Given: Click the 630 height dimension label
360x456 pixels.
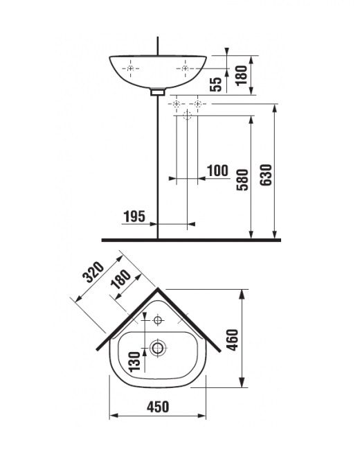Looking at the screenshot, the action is click(x=266, y=175).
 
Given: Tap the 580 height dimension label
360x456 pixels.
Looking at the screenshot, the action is click(x=242, y=179).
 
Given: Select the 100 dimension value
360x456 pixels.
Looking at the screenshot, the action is click(x=217, y=170).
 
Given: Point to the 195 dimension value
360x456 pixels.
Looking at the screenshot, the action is click(x=134, y=217).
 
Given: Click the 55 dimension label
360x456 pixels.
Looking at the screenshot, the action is click(x=216, y=85).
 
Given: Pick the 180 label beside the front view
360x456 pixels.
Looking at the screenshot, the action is click(x=242, y=76).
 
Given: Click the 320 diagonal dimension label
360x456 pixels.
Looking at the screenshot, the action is click(x=93, y=272).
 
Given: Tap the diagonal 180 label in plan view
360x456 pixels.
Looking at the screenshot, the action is click(x=121, y=279).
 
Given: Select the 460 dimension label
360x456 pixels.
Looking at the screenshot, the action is click(x=233, y=340).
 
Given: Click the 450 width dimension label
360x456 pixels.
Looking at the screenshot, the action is click(x=158, y=407).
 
